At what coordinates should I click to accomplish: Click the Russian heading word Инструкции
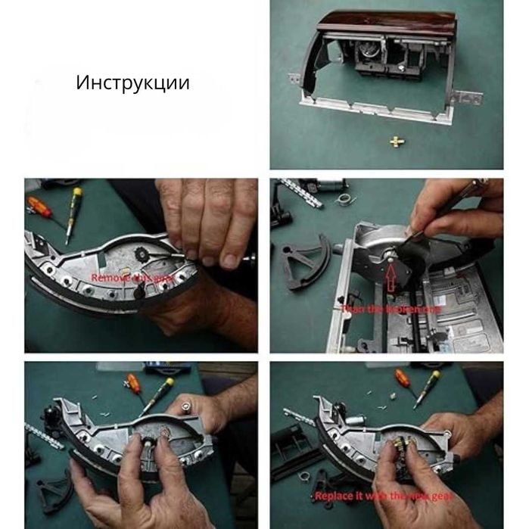(x=132, y=82)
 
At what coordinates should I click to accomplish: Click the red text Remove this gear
(x=133, y=278)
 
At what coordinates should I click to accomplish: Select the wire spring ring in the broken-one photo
(x=344, y=199)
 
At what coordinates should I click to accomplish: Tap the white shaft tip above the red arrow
(x=391, y=259)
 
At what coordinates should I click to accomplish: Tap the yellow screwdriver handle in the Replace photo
(x=434, y=379)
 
